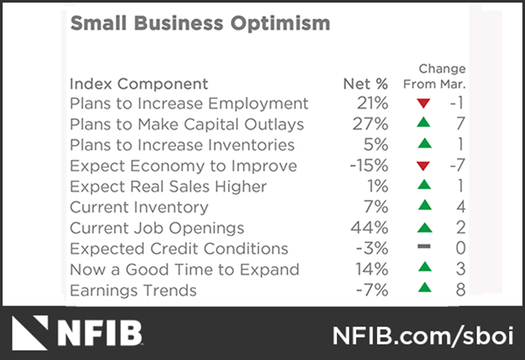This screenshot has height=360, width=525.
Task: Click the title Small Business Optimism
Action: tap(199, 24)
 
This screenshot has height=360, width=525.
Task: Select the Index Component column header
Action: tap(138, 84)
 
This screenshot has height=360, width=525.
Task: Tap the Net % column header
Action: tap(366, 84)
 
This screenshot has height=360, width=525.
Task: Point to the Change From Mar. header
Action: tap(434, 76)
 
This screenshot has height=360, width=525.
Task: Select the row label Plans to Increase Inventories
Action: tap(182, 145)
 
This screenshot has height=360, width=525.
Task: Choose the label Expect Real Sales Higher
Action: tap(168, 187)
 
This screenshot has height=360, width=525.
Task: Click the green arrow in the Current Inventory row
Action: tap(424, 207)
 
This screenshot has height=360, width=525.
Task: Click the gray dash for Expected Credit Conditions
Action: tap(424, 249)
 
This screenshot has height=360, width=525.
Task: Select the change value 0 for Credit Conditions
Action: tap(460, 249)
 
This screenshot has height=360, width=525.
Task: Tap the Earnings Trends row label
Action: tap(133, 290)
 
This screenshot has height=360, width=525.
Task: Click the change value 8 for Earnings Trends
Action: tap(460, 290)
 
